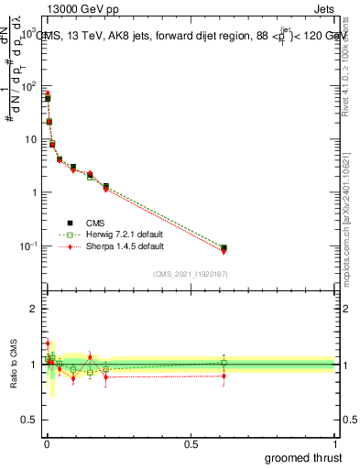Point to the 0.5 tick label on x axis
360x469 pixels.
[x=191, y=443]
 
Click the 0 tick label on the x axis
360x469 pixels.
[x=47, y=443]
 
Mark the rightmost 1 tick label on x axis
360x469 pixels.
[x=334, y=443]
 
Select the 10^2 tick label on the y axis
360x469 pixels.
[x=28, y=86]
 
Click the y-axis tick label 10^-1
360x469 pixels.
[x=28, y=245]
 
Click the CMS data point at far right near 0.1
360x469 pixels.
[x=224, y=247]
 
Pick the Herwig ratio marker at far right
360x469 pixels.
[x=224, y=363]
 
